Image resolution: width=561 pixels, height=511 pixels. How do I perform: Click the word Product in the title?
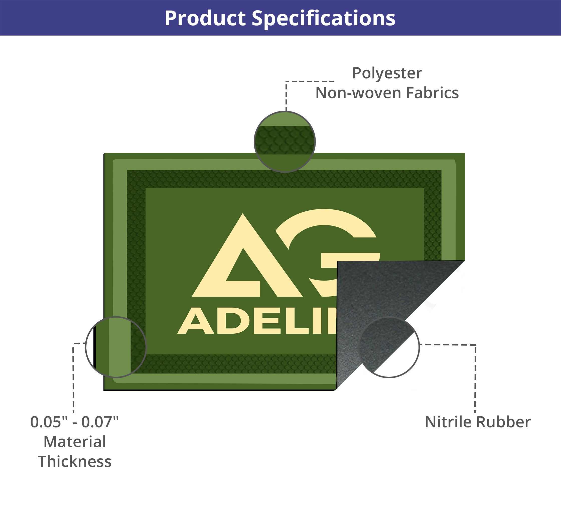tap(205, 18)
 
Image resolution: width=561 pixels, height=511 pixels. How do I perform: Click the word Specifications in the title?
tap(323, 18)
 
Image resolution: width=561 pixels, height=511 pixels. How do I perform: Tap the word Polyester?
tap(387, 73)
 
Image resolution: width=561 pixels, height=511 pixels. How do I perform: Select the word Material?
tap(75, 442)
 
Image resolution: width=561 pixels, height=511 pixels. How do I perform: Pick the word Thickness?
tap(75, 462)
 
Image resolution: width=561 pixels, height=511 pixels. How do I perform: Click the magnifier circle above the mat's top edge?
tap(285, 142)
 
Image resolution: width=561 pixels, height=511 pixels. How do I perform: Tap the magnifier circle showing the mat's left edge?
tap(116, 347)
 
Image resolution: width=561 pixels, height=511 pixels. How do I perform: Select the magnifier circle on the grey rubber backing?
tap(389, 347)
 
